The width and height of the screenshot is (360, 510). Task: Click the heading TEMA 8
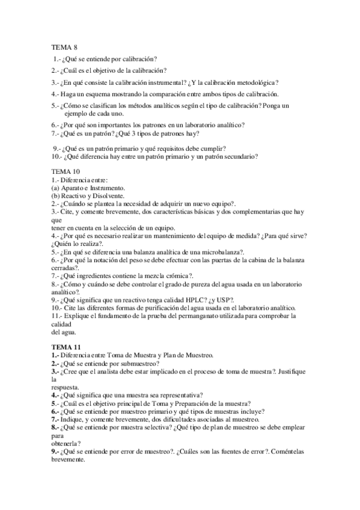(x=63, y=46)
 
